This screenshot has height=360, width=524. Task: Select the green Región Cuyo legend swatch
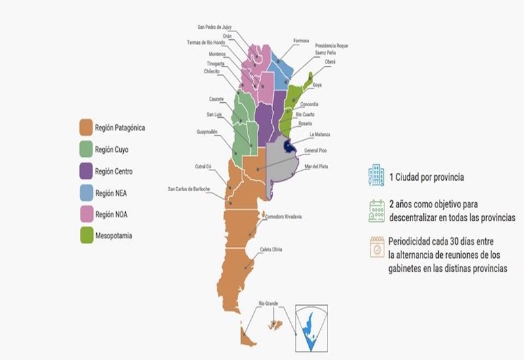(85, 150)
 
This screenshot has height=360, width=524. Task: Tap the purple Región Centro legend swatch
(85, 171)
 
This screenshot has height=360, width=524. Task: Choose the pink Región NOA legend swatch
(85, 213)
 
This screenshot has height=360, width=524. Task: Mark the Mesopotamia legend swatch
(85, 235)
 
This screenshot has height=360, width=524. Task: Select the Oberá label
(330, 62)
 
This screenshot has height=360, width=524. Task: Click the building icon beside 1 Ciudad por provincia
(376, 175)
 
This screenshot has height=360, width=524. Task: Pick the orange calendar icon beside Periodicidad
(377, 247)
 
